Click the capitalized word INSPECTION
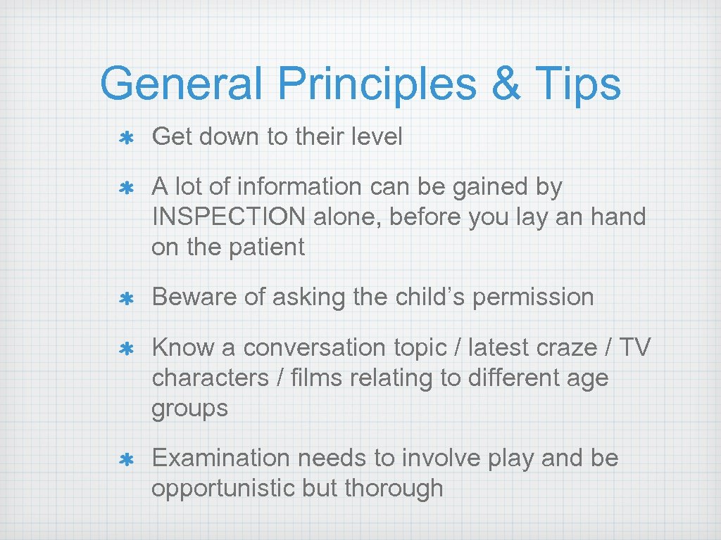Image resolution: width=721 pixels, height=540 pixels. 229,217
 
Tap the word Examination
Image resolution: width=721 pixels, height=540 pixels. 221,458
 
